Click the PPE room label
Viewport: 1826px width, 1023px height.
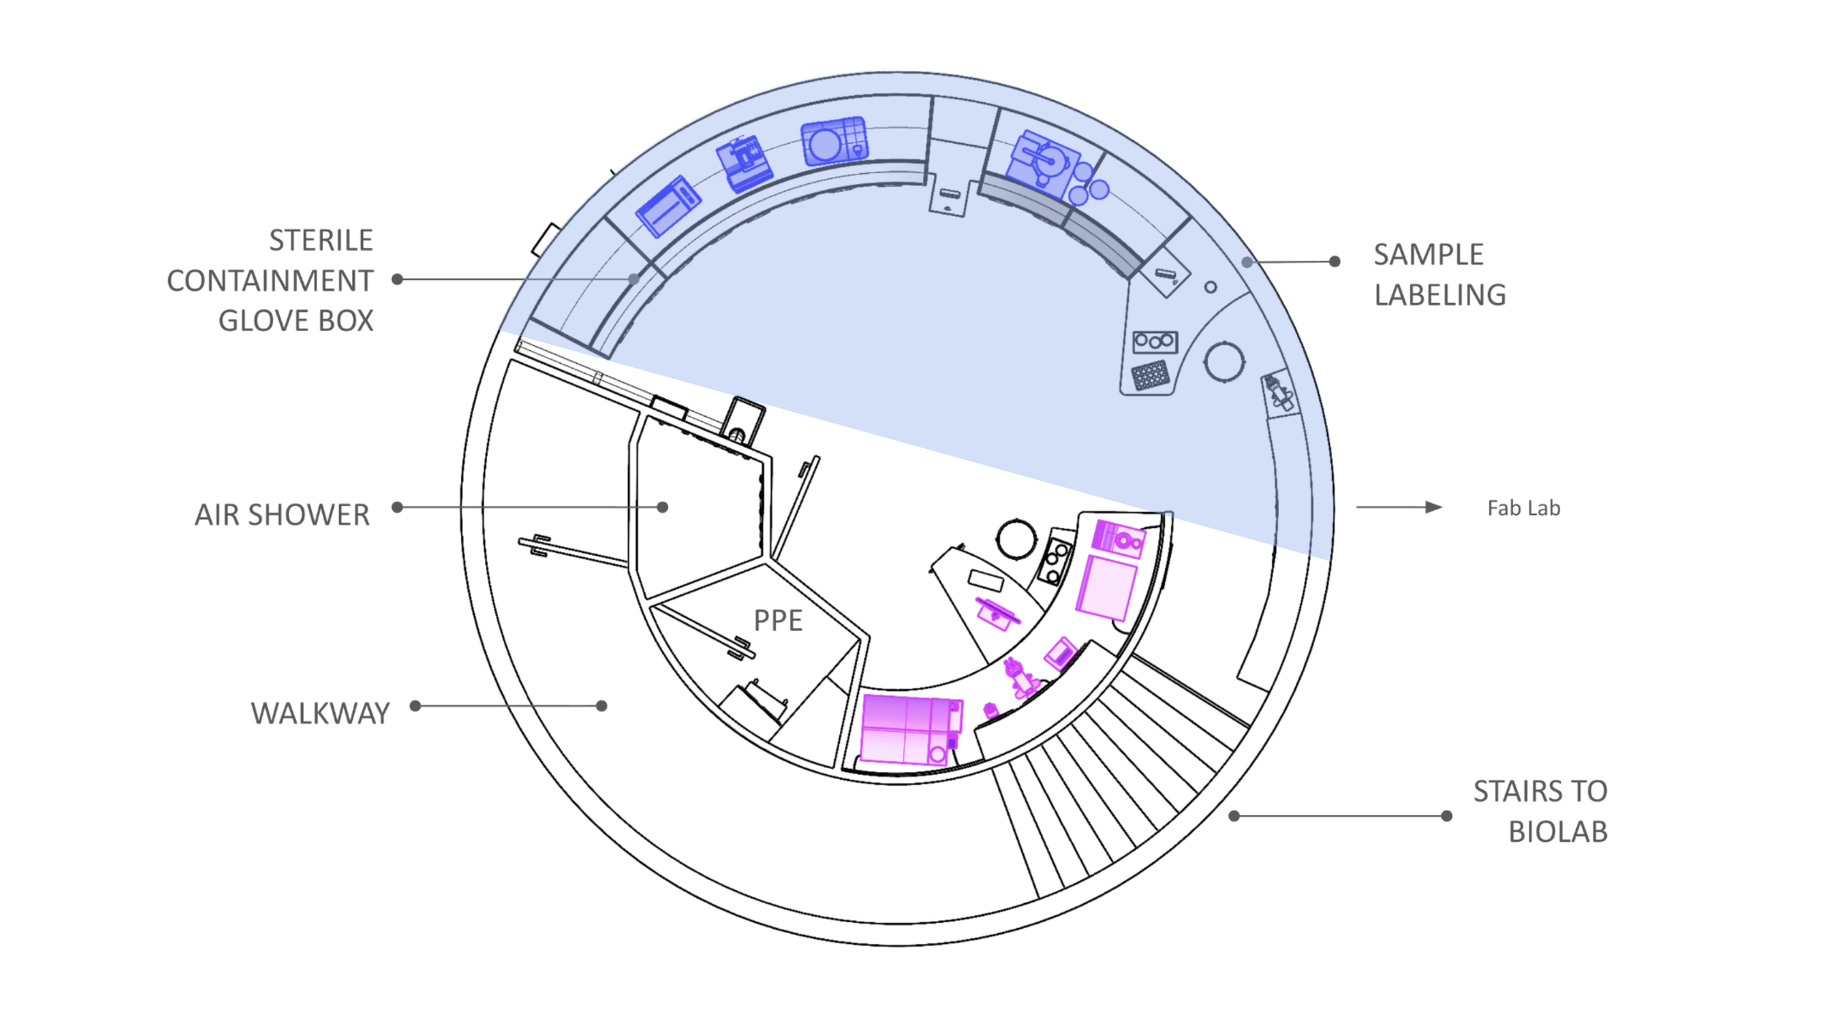coord(778,621)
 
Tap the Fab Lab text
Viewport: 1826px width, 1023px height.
coord(1524,508)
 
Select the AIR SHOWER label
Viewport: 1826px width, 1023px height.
coord(282,515)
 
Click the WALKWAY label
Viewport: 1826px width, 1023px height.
coord(320,713)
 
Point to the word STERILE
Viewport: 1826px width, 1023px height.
coord(321,240)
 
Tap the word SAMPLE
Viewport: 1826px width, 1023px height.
coord(1428,255)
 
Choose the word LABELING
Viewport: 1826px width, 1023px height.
coord(1440,295)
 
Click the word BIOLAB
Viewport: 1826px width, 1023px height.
coord(1558,832)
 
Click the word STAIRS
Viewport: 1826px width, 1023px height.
coord(1508,792)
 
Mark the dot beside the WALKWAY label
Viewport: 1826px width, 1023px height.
coord(415,705)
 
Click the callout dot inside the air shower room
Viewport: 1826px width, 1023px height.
coord(662,507)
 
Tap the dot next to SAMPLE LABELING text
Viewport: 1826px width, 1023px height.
coord(1334,261)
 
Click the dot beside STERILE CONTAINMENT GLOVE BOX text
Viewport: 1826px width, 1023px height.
coord(397,279)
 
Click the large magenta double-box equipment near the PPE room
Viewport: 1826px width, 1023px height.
coord(908,729)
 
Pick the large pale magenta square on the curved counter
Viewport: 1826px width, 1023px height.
coord(1107,588)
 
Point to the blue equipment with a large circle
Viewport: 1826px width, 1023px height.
coord(833,142)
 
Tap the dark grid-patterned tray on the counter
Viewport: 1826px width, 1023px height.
coord(1150,376)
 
